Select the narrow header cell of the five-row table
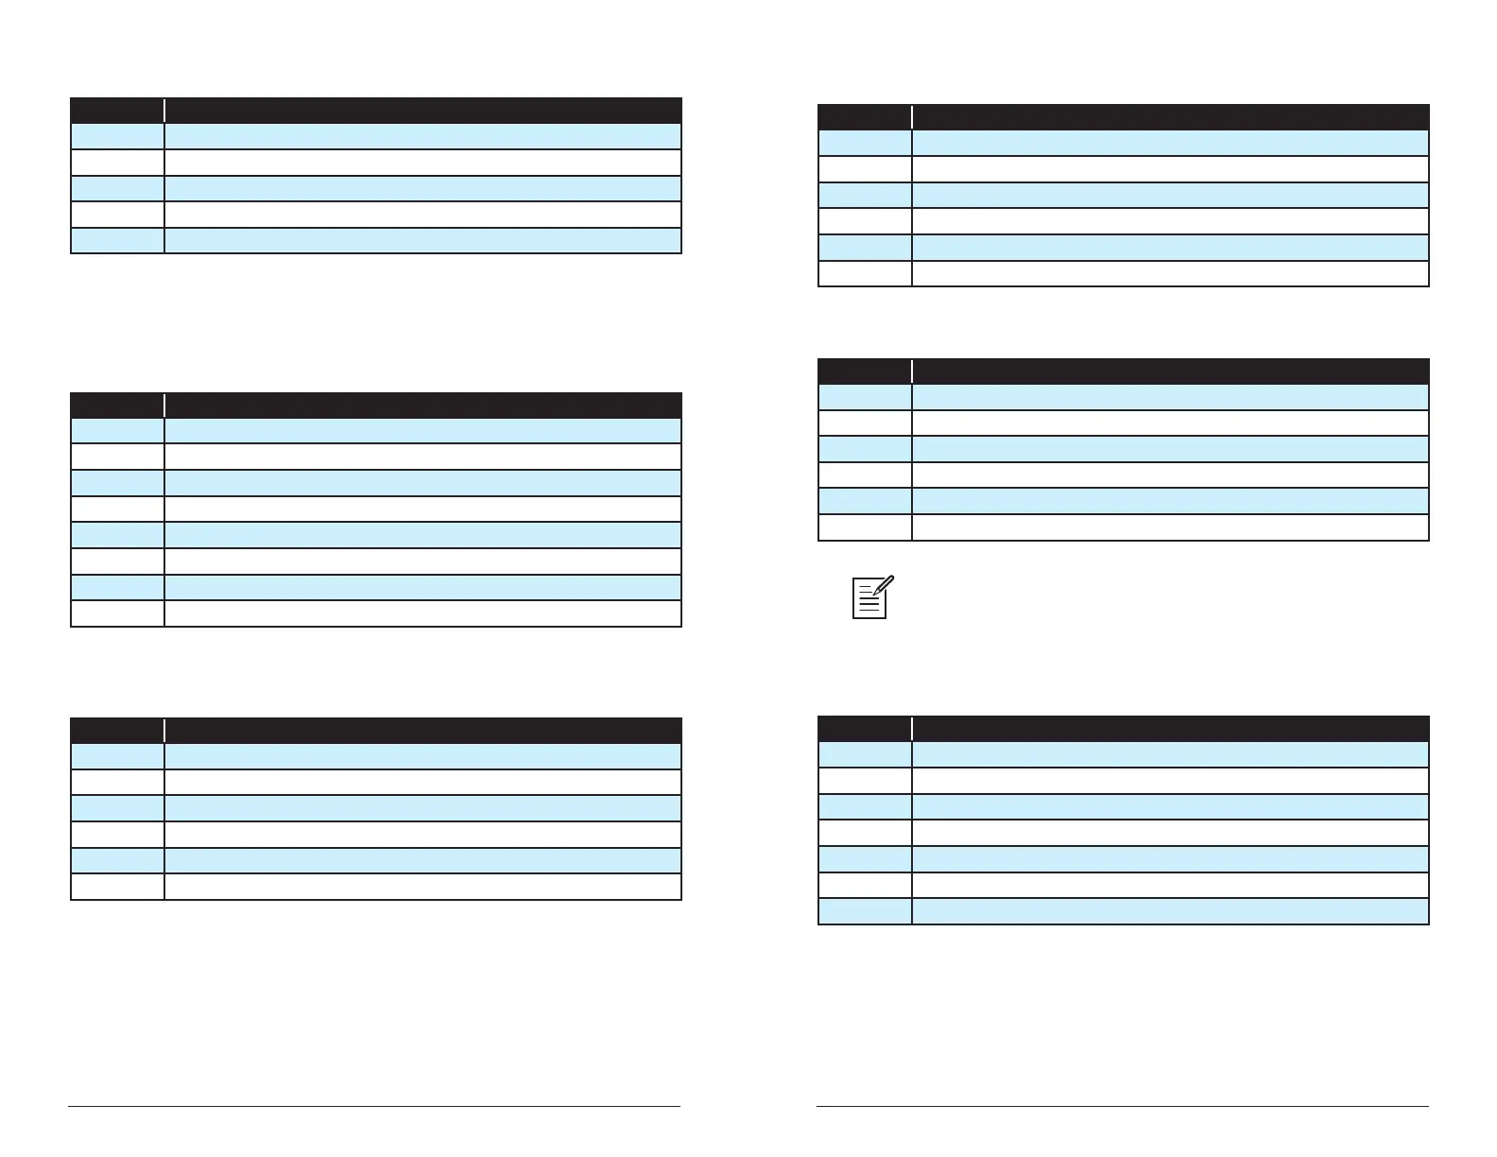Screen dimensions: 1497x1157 (x=117, y=110)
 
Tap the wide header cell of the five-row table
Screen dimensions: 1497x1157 (x=422, y=110)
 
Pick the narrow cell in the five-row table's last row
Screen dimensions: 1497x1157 (x=117, y=240)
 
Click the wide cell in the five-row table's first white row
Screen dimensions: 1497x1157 (x=422, y=162)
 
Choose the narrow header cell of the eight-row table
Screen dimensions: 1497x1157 (x=117, y=405)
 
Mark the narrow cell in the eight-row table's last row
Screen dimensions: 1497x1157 (x=117, y=613)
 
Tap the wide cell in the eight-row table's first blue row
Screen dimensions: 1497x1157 (x=422, y=430)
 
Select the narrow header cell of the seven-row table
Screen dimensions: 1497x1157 (x=864, y=728)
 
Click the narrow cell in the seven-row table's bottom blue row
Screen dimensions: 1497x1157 (x=864, y=910)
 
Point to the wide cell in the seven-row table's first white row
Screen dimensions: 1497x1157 (x=1170, y=780)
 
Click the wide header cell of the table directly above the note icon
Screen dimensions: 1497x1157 (x=1170, y=371)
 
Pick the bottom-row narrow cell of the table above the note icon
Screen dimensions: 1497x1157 (x=864, y=527)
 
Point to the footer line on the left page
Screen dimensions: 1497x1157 (x=374, y=1106)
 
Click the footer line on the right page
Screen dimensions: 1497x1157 (x=1123, y=1106)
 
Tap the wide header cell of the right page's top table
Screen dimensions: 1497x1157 (x=1170, y=116)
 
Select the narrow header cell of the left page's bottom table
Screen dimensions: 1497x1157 (x=117, y=730)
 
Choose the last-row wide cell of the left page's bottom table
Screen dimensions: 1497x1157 (x=422, y=886)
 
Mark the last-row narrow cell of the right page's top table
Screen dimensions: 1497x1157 (x=864, y=273)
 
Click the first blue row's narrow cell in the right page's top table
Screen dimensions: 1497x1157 (x=864, y=143)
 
